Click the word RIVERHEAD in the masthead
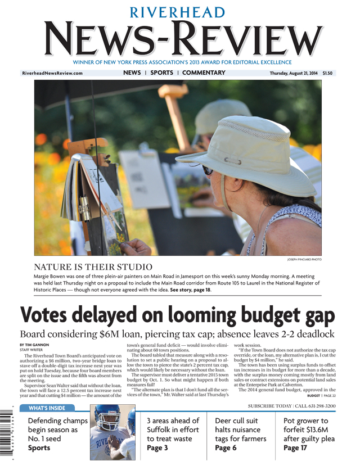(179, 12)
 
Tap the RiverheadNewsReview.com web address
(52, 73)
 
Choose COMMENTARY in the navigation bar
(204, 73)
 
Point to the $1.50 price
(328, 73)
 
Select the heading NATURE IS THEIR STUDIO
(93, 267)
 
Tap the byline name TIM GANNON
(37, 345)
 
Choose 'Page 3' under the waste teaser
(157, 448)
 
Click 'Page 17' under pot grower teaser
(296, 448)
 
